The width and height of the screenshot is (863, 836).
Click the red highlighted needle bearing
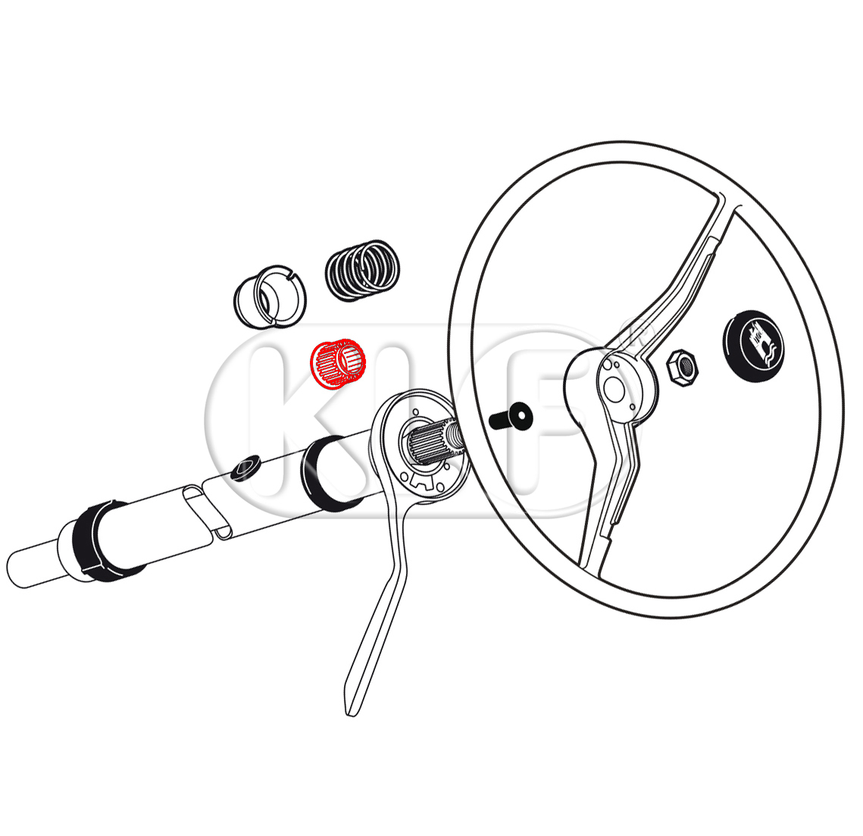(x=338, y=363)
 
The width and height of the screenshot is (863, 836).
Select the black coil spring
(x=362, y=271)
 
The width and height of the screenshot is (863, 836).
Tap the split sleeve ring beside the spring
(x=270, y=297)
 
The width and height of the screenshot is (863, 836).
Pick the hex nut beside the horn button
(x=682, y=368)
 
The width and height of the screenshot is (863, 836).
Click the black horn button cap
(x=753, y=346)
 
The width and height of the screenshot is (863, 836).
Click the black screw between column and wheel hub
(x=511, y=418)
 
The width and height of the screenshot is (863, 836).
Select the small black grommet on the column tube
(x=245, y=468)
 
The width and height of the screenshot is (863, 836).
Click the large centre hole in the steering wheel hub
(x=614, y=389)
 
